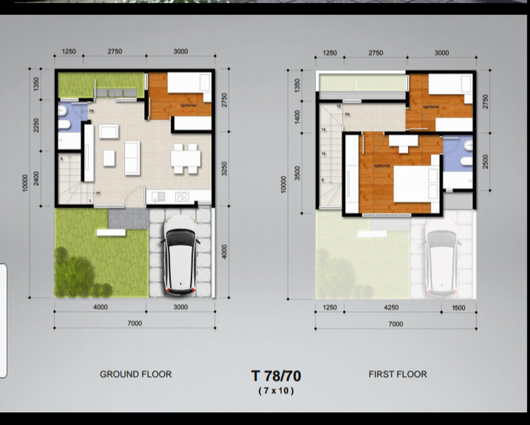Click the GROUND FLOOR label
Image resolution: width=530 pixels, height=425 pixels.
coord(135,374)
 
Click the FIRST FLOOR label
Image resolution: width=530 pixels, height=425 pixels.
coord(397,374)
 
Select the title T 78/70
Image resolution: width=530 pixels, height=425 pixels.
coord(276,376)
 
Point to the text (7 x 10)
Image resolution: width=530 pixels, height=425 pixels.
coord(276,391)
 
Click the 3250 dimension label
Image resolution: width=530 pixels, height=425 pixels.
coord(225,169)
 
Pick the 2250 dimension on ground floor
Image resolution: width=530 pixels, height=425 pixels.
coord(37,126)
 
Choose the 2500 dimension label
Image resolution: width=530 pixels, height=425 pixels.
coord(486,162)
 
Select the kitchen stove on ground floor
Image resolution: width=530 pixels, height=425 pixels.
coord(182,197)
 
